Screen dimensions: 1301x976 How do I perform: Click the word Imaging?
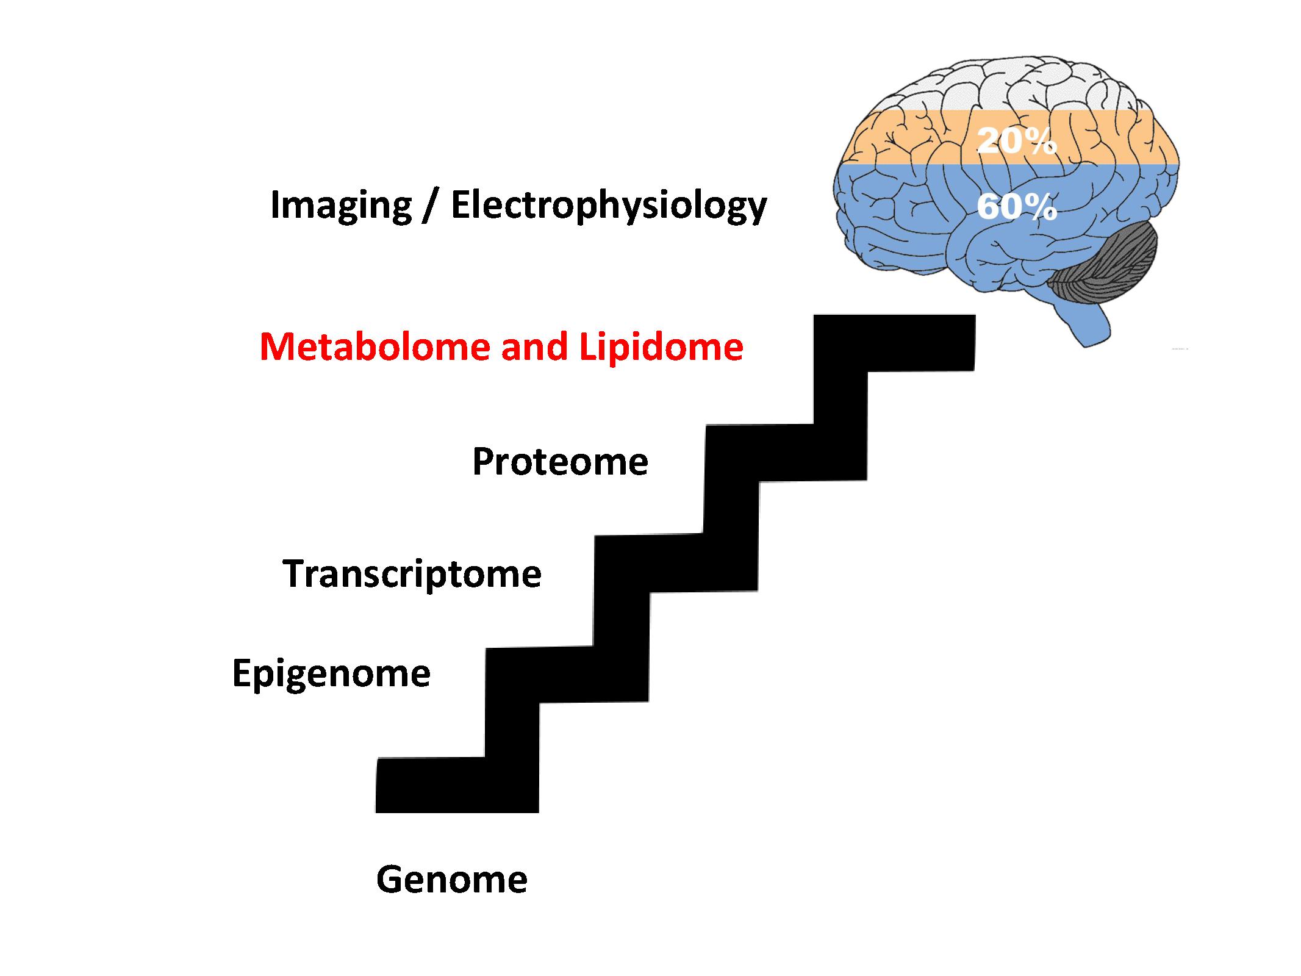pyautogui.click(x=340, y=206)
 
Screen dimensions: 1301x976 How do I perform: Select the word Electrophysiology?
pyautogui.click(x=609, y=206)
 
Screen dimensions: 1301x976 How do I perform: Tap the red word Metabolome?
pyautogui.click(x=375, y=346)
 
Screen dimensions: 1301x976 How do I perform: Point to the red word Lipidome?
pyautogui.click(x=661, y=346)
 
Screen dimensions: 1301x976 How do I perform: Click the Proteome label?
pyautogui.click(x=560, y=461)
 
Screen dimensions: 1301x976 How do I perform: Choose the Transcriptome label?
pyautogui.click(x=412, y=574)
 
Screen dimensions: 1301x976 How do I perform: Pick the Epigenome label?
pyautogui.click(x=331, y=674)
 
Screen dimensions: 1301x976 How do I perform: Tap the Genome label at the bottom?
pyautogui.click(x=452, y=880)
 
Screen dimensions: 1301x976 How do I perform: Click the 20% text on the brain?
pyautogui.click(x=1017, y=141)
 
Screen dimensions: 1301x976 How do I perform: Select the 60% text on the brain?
pyautogui.click(x=1017, y=207)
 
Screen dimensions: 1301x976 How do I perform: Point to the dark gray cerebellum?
pyautogui.click(x=1105, y=265)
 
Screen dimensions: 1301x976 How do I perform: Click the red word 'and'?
pyautogui.click(x=534, y=346)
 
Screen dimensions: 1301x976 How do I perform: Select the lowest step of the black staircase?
pyautogui.click(x=457, y=785)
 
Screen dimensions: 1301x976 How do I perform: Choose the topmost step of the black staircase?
pyautogui.click(x=894, y=343)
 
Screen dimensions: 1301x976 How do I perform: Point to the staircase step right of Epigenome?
pyautogui.click(x=567, y=674)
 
